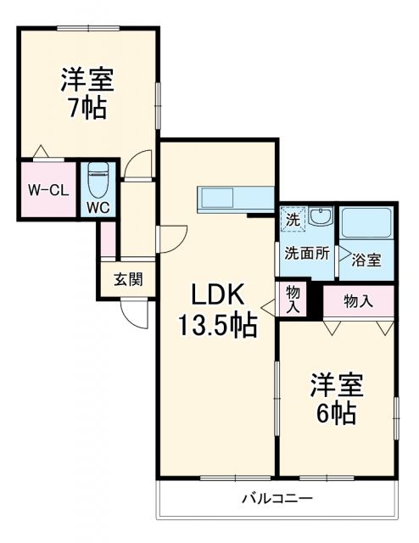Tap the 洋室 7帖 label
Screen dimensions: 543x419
tap(87, 95)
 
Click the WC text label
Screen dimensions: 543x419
tap(96, 206)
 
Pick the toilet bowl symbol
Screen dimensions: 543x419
tap(98, 178)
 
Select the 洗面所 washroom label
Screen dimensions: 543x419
tap(304, 254)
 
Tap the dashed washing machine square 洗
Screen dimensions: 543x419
tap(293, 219)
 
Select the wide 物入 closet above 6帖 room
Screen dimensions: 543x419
tap(358, 301)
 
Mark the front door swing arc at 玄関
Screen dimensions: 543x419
tap(136, 316)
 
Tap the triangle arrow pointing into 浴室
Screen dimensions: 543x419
tap(346, 254)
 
